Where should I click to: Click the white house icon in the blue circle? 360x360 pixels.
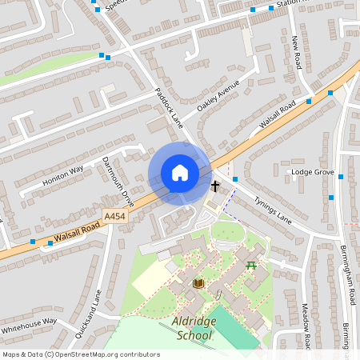(x=179, y=173)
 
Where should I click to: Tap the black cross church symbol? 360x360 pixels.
(x=214, y=186)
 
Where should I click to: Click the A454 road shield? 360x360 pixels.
(x=115, y=216)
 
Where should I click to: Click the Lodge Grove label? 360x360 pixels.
(x=313, y=172)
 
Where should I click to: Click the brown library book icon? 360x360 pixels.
(x=198, y=283)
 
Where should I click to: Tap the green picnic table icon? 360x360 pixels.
(x=252, y=265)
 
